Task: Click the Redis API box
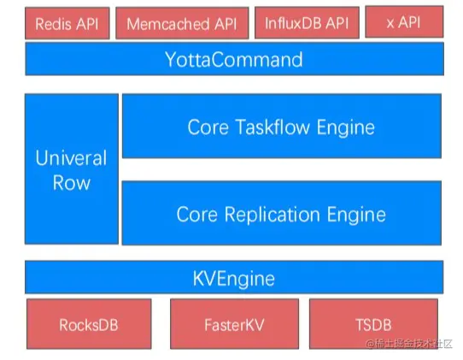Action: coord(67,23)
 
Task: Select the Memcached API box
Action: coord(182,23)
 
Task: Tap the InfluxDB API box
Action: coord(307,23)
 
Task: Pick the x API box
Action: coord(404,22)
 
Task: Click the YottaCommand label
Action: coord(234,59)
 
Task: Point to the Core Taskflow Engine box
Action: coord(282,126)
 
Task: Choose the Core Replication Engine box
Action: coord(282,213)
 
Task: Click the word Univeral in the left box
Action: coord(71,158)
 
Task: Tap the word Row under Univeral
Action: coord(72,183)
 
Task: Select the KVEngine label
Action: coord(234,279)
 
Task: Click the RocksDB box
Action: coord(89,324)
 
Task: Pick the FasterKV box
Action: coord(234,324)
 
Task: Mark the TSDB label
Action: coord(373,325)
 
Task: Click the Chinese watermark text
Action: coord(409,344)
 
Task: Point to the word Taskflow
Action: coord(273,127)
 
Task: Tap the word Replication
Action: coord(272,215)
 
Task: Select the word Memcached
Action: coord(168,24)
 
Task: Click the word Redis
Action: coord(54,24)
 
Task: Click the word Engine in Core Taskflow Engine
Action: coord(346,127)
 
